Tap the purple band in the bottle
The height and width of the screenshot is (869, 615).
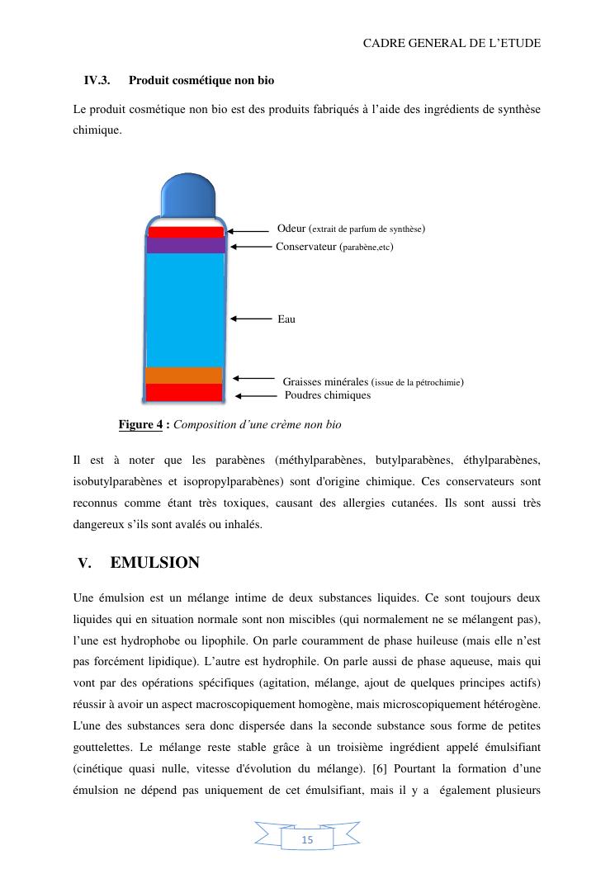pos(186,245)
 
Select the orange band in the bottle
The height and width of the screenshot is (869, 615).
pos(184,375)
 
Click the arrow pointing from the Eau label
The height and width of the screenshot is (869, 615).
pos(251,318)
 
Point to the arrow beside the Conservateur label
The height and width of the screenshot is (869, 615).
pos(251,246)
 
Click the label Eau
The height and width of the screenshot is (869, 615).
pos(286,319)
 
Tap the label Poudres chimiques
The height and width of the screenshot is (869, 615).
pos(328,395)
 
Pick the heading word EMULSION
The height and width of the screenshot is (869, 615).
pos(154,563)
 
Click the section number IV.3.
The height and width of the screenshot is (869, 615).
pos(97,81)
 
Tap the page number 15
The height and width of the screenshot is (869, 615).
pos(307,840)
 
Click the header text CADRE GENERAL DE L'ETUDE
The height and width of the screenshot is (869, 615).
pos(452,43)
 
